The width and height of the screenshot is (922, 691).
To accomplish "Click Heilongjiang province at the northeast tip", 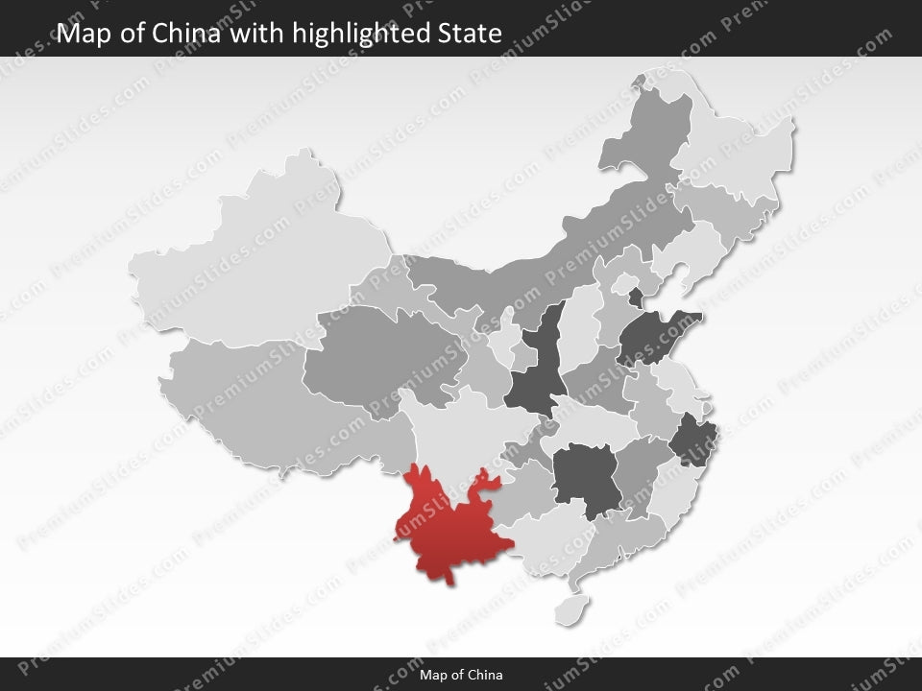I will (740, 144).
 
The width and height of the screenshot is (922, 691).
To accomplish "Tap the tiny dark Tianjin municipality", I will (636, 296).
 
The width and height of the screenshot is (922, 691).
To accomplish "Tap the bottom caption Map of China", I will (461, 675).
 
